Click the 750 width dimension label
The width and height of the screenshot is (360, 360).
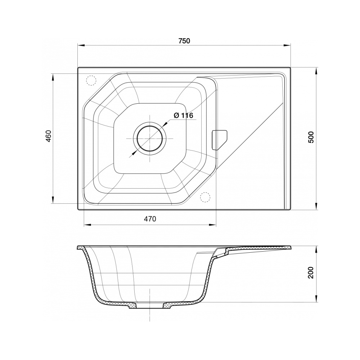pos(184,41)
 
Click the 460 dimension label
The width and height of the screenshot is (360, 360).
pos(49,136)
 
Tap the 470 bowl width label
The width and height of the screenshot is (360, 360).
pos(150,219)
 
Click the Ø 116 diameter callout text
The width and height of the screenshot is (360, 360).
pos(184,115)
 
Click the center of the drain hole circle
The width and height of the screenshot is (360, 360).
pos(150,139)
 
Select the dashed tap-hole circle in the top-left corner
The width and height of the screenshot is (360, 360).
pos(91,81)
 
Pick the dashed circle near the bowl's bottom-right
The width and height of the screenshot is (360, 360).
pos(205,197)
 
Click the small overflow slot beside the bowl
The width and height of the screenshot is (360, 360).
pos(219,140)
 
